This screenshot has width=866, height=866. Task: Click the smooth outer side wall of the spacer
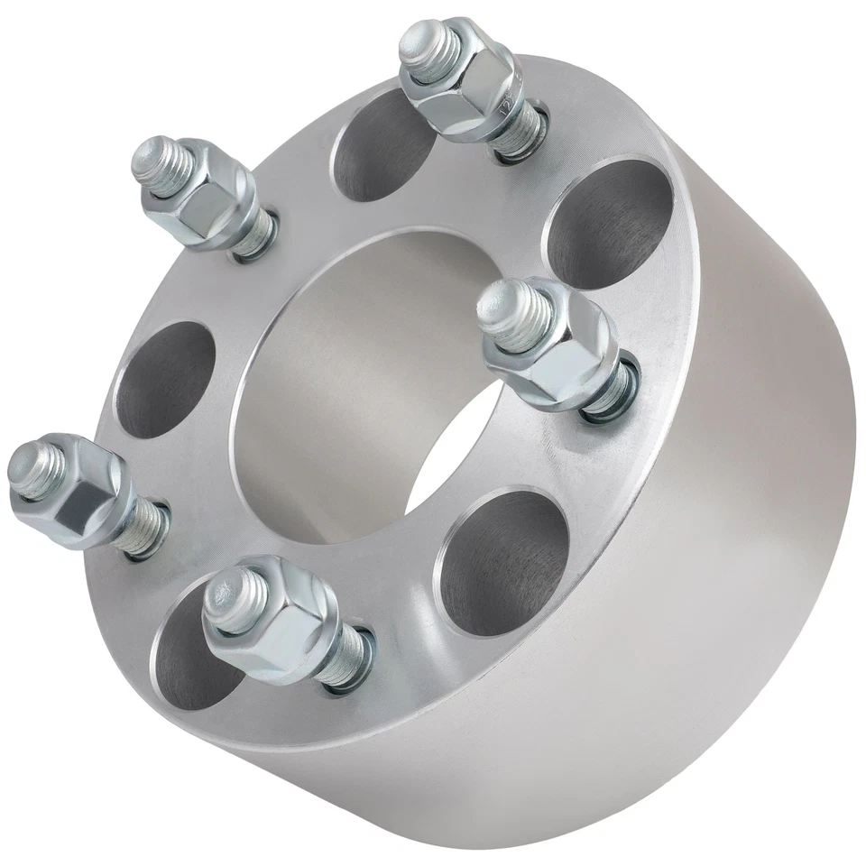click(x=722, y=541)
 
